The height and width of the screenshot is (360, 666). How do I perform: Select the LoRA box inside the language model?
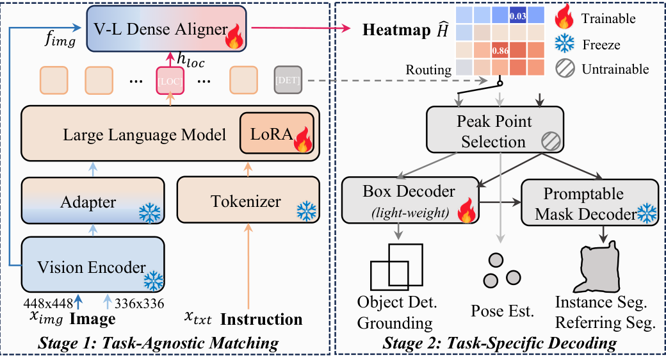coord(275,134)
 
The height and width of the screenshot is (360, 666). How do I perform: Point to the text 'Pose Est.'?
coord(502,312)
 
